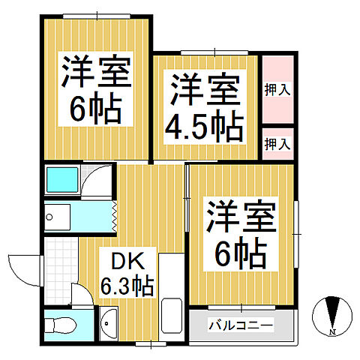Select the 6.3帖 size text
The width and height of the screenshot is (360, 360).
(x=127, y=286)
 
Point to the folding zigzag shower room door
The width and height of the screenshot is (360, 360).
(x=113, y=217)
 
